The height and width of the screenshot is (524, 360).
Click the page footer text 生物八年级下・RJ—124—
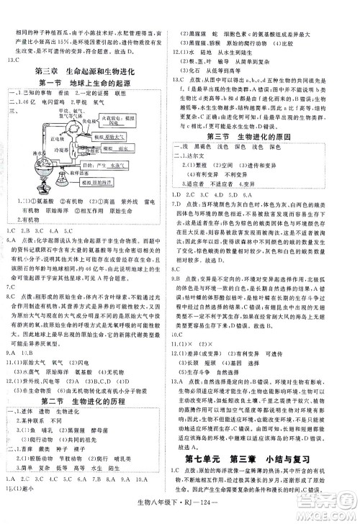(x=180, y=508)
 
